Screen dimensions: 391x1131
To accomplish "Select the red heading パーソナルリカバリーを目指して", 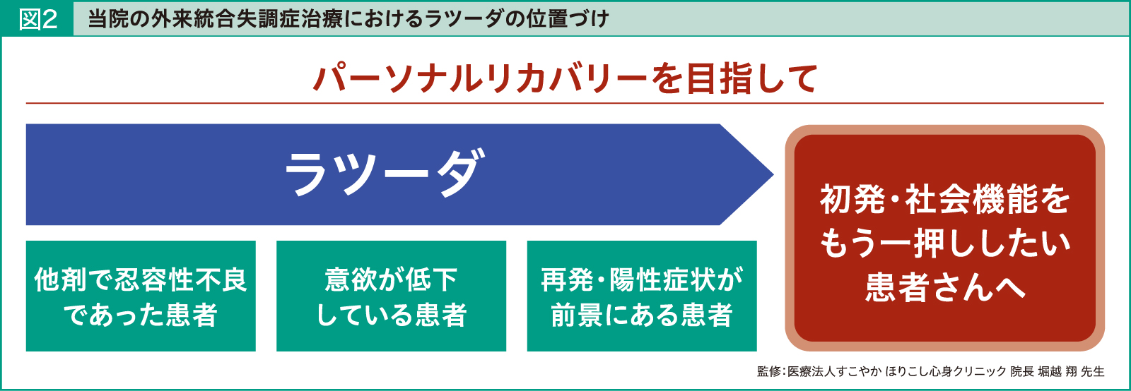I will (x=565, y=78).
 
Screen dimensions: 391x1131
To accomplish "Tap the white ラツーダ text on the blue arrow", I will (x=385, y=174).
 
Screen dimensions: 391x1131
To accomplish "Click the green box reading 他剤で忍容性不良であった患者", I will (x=141, y=296).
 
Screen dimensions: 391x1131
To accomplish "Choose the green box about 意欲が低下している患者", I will (x=391, y=296).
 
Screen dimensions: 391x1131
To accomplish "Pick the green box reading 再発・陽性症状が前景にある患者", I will (x=642, y=296).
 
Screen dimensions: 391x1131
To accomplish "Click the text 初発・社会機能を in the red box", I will (x=945, y=200).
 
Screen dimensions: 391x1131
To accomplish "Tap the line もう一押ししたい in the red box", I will (x=945, y=243).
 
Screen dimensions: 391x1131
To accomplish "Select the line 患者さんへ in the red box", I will (x=945, y=287).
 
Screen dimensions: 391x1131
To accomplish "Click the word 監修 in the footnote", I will (x=769, y=371).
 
